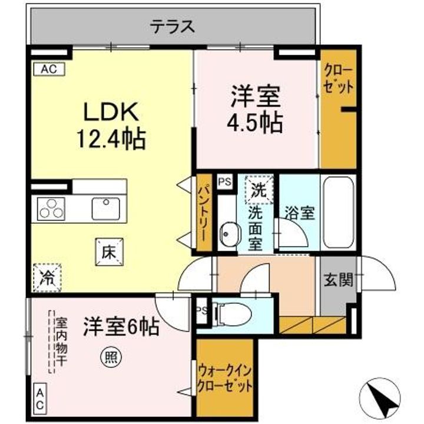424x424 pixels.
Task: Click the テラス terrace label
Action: tap(172, 26)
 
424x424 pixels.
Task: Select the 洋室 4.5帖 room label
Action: tap(256, 110)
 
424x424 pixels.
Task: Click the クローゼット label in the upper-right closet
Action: tap(339, 78)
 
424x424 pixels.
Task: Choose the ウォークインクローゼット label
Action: tap(224, 378)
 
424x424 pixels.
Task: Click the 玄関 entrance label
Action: tap(338, 280)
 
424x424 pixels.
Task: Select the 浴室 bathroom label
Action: tap(299, 213)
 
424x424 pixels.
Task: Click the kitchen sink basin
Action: tap(105, 208)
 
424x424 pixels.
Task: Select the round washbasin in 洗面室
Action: tap(228, 234)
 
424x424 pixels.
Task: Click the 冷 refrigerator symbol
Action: tap(47, 277)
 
